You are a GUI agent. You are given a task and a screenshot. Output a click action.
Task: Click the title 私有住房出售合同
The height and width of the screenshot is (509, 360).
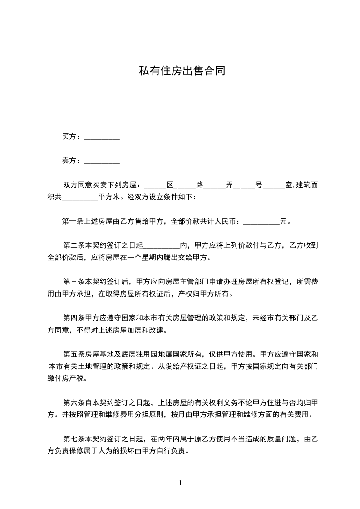(x=182, y=71)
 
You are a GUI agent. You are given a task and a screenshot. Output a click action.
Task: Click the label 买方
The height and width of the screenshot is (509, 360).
(x=69, y=137)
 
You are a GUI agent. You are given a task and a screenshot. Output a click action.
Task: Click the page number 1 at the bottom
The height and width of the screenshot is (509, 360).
(x=181, y=483)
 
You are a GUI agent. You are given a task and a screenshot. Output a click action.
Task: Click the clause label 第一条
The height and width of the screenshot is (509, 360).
(x=71, y=222)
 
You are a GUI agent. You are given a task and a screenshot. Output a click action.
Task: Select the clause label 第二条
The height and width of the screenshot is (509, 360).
(x=72, y=246)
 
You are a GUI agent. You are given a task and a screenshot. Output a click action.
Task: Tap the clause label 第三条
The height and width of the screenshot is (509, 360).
(x=72, y=282)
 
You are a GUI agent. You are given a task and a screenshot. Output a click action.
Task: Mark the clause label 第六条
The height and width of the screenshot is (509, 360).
(x=72, y=402)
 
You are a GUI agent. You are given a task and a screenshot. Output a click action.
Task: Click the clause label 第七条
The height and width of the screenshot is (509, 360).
(x=72, y=439)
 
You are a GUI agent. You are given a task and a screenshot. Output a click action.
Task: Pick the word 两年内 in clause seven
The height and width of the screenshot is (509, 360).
(x=170, y=439)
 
